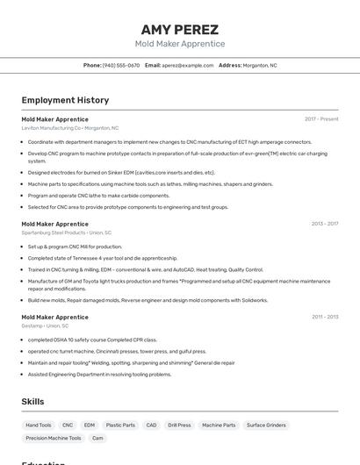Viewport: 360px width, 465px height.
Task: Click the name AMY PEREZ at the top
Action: (179, 29)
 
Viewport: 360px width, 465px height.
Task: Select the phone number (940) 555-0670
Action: (121, 65)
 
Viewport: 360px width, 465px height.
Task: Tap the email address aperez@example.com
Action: (188, 65)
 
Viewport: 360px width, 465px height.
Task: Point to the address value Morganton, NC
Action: (260, 65)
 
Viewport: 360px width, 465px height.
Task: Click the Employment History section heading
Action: (65, 100)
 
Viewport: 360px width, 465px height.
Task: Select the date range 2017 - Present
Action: (321, 118)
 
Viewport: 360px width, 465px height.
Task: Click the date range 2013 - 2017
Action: (324, 224)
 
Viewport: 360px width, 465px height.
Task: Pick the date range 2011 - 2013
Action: (325, 317)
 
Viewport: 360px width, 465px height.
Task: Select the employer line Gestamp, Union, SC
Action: (45, 325)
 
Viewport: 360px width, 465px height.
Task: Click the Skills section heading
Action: (33, 401)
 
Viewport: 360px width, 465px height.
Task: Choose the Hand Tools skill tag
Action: (39, 425)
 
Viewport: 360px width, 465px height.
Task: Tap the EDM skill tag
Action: (90, 425)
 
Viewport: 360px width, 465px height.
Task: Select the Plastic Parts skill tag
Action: (120, 425)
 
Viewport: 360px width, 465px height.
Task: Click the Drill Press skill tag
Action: (179, 425)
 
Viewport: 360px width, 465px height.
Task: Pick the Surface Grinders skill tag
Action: (266, 425)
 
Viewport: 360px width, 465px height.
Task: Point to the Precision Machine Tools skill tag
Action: (54, 438)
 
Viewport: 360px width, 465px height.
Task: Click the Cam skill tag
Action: (97, 438)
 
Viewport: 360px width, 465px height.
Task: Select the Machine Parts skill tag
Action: (219, 425)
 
